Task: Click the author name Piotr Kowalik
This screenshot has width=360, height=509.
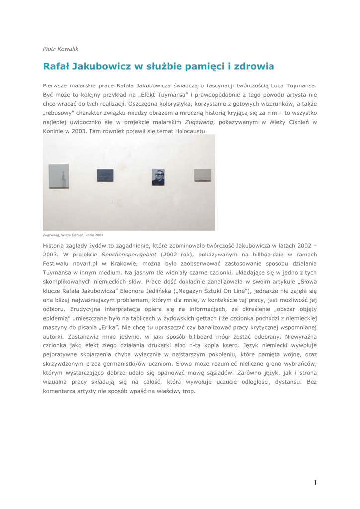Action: tap(60, 49)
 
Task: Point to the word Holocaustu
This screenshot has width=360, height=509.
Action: tap(188, 131)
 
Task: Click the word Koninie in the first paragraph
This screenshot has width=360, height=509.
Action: tap(54, 131)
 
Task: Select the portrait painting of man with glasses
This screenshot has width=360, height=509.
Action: tap(158, 177)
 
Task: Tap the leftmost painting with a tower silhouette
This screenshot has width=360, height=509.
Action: tap(59, 176)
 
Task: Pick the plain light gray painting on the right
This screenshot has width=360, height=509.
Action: tap(202, 175)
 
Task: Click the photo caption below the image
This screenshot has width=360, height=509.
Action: tap(73, 235)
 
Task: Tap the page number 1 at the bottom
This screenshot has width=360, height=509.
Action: tap(315, 483)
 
